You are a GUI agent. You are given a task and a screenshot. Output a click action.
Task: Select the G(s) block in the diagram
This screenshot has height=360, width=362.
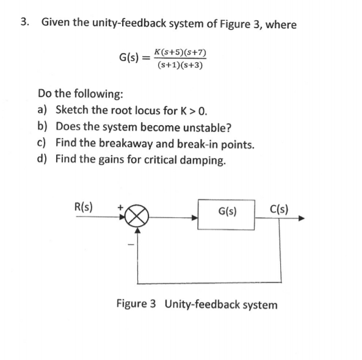point(227,212)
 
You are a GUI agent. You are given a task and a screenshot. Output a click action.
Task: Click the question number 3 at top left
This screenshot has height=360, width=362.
point(24,23)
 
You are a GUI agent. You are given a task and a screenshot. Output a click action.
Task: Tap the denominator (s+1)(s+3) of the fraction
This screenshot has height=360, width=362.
point(180,66)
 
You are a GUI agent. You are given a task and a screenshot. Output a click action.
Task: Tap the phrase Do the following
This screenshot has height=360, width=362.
point(81,94)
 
